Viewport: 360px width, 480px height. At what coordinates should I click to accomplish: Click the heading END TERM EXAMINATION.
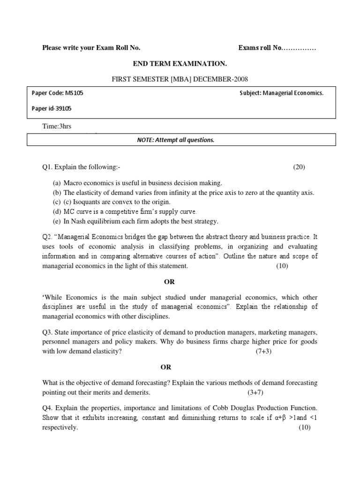(x=180, y=63)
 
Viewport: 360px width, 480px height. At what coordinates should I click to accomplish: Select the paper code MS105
(x=58, y=93)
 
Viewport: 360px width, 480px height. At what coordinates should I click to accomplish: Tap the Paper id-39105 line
(x=52, y=108)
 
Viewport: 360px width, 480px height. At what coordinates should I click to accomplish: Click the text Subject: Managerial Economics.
(x=281, y=93)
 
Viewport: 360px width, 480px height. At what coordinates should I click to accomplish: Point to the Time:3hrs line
(x=57, y=126)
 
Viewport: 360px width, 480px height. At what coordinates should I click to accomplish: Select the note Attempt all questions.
(x=180, y=140)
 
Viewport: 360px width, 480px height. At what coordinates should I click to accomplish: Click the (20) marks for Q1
(x=299, y=167)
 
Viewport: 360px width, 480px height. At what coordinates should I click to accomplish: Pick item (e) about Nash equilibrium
(x=135, y=221)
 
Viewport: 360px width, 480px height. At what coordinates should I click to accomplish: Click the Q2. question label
(x=48, y=236)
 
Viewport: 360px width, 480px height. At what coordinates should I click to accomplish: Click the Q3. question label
(x=48, y=332)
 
